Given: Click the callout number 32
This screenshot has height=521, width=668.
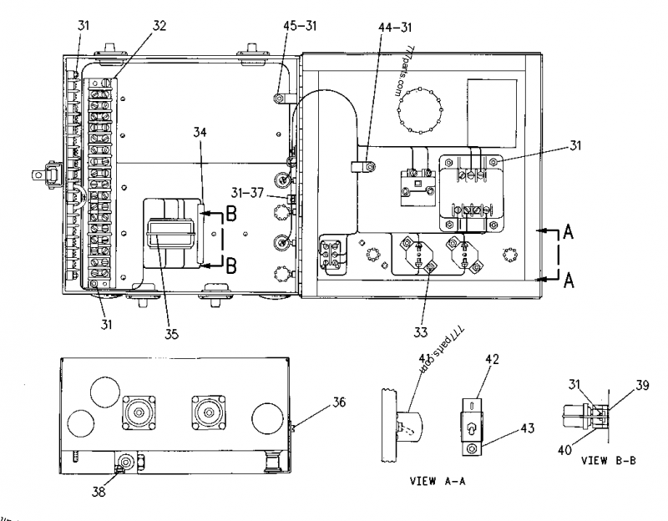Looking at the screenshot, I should click(x=159, y=26).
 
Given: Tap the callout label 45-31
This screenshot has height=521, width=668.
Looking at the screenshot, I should click(x=298, y=26).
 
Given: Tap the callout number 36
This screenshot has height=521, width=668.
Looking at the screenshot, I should click(x=315, y=402).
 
